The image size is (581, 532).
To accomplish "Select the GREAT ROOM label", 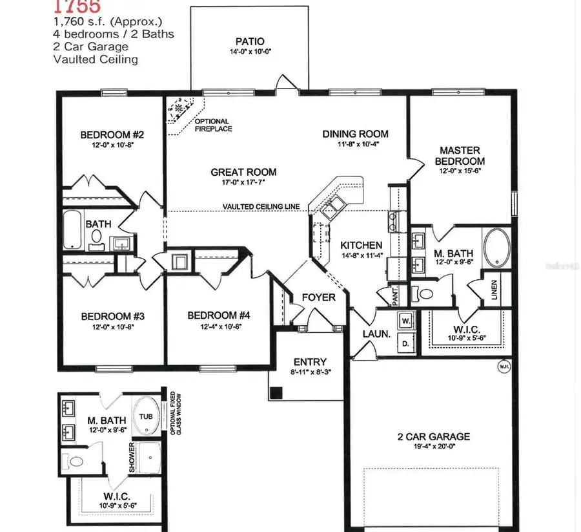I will click(243, 172).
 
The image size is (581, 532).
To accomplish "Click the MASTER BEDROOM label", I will click(460, 155).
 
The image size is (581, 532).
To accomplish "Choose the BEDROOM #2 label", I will click(112, 135).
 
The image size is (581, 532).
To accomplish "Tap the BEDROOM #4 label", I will click(218, 315).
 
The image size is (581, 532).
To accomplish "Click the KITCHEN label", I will click(362, 246).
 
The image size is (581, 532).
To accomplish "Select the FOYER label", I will click(319, 297).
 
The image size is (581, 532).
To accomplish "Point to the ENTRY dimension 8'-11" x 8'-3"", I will click(310, 373).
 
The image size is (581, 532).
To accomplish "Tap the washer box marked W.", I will click(406, 321).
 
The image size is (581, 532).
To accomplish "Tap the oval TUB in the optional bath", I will click(146, 416).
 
